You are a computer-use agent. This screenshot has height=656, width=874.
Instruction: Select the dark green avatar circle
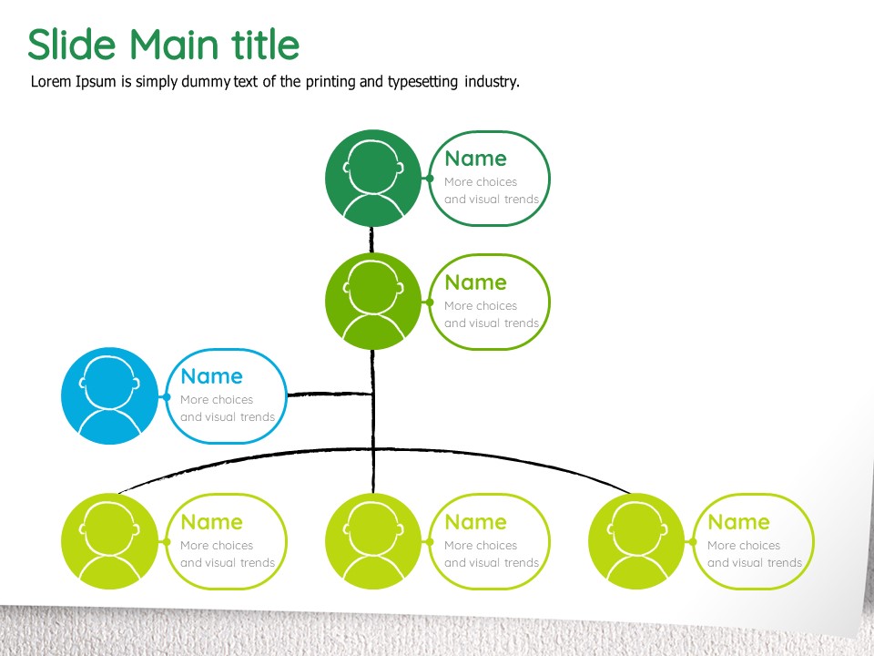click(373, 178)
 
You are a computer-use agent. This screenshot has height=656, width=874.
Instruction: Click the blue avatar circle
click(109, 395)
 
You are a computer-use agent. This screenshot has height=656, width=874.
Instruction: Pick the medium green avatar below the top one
click(373, 302)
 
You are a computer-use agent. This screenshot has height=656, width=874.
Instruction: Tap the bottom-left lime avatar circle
click(109, 541)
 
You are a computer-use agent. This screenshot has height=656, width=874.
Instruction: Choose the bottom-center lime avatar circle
click(373, 541)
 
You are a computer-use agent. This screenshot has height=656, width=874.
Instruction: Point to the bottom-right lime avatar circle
click(636, 541)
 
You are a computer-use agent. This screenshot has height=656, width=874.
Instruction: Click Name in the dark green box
click(475, 159)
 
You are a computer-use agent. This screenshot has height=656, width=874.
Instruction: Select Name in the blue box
click(211, 376)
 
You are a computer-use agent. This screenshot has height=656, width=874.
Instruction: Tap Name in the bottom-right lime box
click(738, 522)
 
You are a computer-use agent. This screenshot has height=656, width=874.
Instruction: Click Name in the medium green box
click(475, 282)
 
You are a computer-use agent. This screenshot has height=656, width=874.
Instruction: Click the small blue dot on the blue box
click(166, 396)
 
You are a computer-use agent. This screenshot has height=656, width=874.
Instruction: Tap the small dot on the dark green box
click(429, 178)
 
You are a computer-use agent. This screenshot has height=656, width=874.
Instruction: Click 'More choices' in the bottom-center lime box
click(481, 545)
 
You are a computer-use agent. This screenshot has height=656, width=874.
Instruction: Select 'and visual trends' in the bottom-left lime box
click(228, 562)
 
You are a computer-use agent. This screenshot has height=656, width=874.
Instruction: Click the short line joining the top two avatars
click(371, 241)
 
